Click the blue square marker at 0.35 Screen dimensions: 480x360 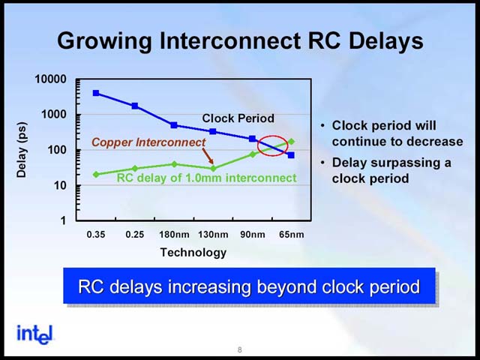click(x=96, y=93)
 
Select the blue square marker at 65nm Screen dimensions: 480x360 click(x=291, y=155)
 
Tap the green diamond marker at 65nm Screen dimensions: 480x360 click(x=292, y=142)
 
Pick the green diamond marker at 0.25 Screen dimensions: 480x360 click(x=135, y=168)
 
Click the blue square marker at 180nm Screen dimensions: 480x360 click(x=174, y=125)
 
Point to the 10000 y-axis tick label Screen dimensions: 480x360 click(x=50, y=79)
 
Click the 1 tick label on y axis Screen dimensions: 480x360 click(x=63, y=220)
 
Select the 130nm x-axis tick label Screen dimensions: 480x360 click(x=213, y=235)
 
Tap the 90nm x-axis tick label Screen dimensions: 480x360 click(x=253, y=235)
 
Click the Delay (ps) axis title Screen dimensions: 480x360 click(x=22, y=150)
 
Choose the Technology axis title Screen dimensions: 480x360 click(x=193, y=253)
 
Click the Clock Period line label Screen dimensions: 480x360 click(x=238, y=118)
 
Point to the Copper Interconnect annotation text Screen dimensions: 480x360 click(x=148, y=142)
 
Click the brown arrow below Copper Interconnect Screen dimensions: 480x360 click(x=208, y=157)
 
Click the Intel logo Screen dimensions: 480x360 click(x=35, y=334)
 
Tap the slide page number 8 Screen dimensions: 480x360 click(x=240, y=349)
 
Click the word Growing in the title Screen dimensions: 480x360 click(x=104, y=41)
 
